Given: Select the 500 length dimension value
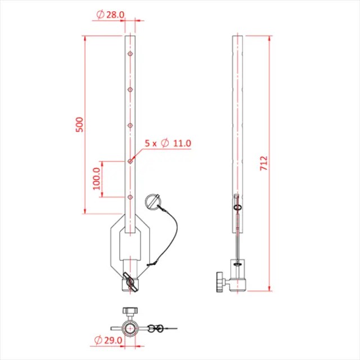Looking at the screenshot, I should click(x=79, y=124).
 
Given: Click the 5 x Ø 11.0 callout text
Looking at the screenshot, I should click(x=168, y=143).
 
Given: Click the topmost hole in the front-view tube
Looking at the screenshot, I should click(x=130, y=55).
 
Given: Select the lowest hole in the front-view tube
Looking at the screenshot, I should click(x=130, y=197).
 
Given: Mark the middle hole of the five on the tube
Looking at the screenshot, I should click(x=130, y=125).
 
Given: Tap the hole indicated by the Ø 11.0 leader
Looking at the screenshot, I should click(x=130, y=161).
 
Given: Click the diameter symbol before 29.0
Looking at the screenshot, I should click(x=100, y=341).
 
